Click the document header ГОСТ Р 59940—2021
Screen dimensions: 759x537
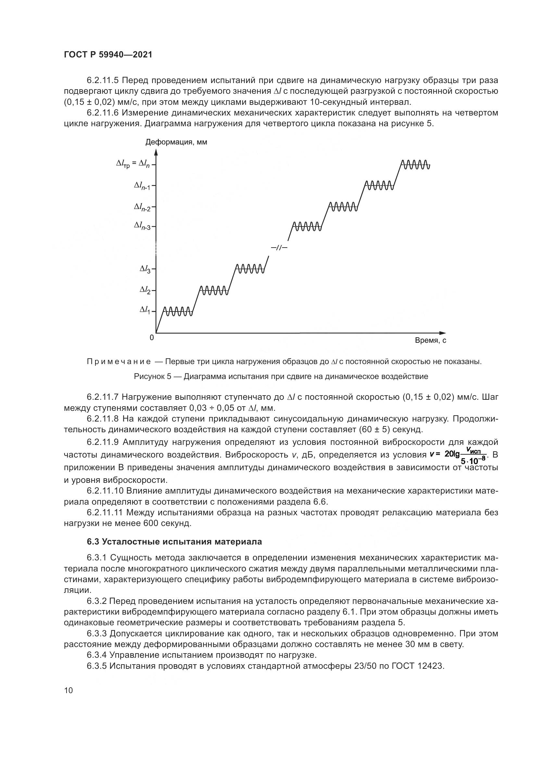click(108, 55)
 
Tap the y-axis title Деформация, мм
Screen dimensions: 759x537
click(176, 142)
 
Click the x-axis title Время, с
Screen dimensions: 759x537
click(431, 340)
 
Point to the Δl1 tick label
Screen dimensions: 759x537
click(145, 310)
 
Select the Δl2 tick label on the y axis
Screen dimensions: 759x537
click(145, 290)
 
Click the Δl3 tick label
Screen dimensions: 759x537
click(145, 269)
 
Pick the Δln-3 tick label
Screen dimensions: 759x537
click(142, 226)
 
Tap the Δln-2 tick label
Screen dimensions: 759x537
click(142, 207)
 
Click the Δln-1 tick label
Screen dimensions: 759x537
click(142, 186)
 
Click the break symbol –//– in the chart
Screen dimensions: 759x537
click(279, 247)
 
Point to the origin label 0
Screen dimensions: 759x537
click(152, 338)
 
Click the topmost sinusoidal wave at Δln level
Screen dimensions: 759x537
click(415, 164)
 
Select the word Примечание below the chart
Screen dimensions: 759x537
click(119, 361)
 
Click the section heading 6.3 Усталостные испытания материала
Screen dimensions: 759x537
click(174, 542)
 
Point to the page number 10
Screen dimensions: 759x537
click(69, 691)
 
